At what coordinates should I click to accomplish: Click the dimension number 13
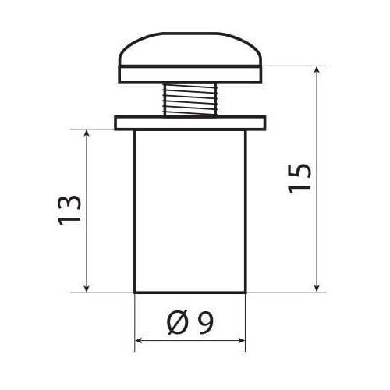click(69, 210)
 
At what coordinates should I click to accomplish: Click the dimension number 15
click(300, 179)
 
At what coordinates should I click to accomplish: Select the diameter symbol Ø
click(177, 322)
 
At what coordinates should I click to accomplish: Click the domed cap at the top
click(190, 49)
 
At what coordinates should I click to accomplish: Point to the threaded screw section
click(190, 100)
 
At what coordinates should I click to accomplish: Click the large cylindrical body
click(190, 211)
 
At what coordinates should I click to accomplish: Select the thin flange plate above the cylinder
click(190, 123)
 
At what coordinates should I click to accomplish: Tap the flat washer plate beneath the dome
click(190, 75)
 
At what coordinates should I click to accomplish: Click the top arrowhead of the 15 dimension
click(317, 69)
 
